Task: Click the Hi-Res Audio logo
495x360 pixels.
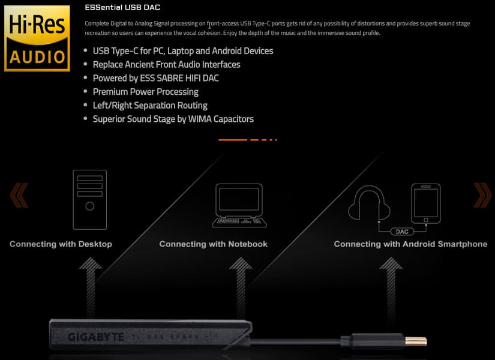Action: tap(37, 38)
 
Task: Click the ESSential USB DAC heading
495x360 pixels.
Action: tap(122, 7)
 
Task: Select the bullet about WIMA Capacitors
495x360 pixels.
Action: tap(173, 119)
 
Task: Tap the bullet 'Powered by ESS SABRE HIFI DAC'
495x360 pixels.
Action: tap(155, 79)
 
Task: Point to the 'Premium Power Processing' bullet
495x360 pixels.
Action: tap(146, 92)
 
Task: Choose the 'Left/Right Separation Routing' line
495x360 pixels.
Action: tap(150, 106)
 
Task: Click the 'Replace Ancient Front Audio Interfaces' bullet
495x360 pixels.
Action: tap(166, 65)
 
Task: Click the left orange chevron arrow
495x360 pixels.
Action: tap(19, 195)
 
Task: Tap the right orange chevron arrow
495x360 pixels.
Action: tap(482, 195)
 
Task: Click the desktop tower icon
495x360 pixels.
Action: tap(89, 200)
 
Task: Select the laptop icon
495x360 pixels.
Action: tap(239, 205)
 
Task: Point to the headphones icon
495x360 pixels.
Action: tap(369, 203)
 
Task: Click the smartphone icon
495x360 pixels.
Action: tap(426, 203)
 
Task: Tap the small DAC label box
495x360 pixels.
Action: tap(402, 232)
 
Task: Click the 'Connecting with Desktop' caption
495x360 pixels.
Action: tap(61, 244)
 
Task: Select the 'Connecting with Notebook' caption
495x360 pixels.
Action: tap(214, 244)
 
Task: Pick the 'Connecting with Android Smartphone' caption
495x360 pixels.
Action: tap(410, 244)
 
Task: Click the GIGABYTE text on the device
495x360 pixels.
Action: tap(96, 337)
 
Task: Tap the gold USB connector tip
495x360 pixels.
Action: tap(416, 341)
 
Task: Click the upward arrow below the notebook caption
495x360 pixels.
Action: tap(241, 287)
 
